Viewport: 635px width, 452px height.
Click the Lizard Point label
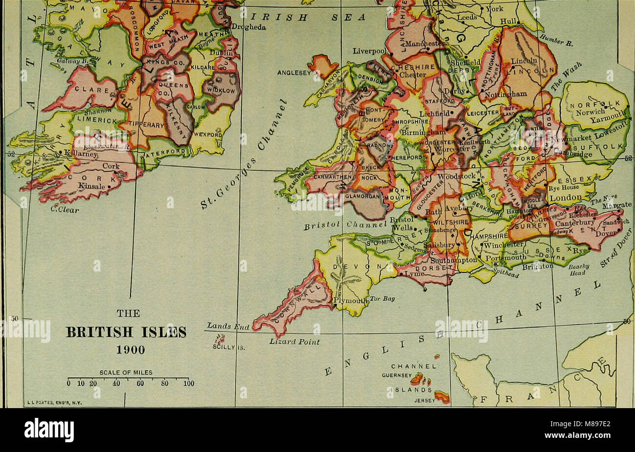(x=294, y=342)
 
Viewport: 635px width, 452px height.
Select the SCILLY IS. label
(x=224, y=348)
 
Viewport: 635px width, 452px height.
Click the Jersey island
(x=442, y=397)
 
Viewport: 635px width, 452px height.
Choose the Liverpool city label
(x=369, y=51)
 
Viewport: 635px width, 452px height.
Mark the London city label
(x=565, y=197)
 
